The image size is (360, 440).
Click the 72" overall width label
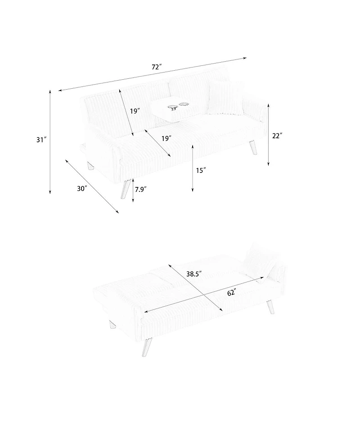tap(157, 67)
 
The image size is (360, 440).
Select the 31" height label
tap(41, 140)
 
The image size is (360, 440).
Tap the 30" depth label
tap(81, 189)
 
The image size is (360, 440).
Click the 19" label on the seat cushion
tap(166, 138)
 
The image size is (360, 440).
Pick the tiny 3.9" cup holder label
tap(174, 109)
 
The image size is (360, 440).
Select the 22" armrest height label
tap(277, 135)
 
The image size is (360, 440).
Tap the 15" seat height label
tap(201, 170)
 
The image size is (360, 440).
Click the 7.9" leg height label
tap(141, 190)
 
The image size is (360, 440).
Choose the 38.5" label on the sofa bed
tap(193, 273)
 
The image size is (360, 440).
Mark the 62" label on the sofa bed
tap(231, 293)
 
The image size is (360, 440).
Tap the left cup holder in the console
tap(173, 107)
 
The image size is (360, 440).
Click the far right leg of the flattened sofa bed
tap(270, 308)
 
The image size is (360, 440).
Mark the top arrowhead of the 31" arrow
tap(50, 91)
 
